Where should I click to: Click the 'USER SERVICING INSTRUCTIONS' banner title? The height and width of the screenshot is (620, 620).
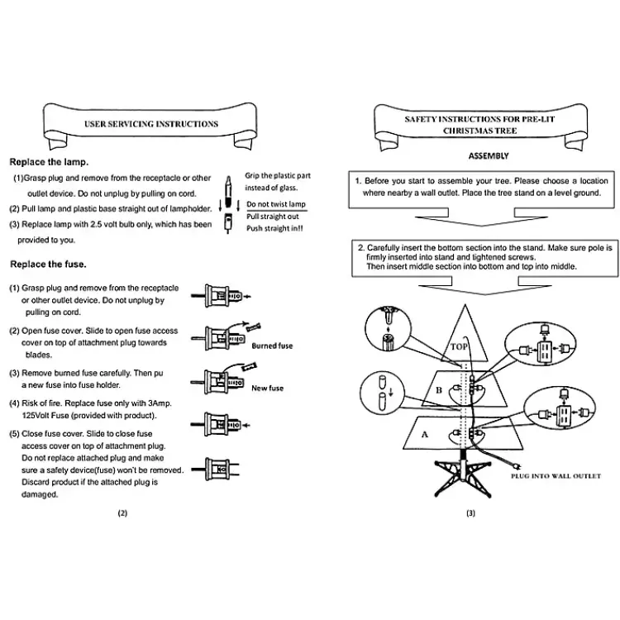[x=151, y=124]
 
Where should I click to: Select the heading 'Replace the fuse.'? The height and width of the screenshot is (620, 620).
[x=48, y=265]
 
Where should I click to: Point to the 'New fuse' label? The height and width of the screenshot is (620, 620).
[x=267, y=388]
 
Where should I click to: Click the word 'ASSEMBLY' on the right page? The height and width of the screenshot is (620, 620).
[x=489, y=155]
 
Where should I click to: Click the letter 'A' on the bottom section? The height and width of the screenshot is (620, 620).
[x=425, y=433]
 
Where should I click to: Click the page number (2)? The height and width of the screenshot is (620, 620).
[x=122, y=513]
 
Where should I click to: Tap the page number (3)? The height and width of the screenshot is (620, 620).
[x=470, y=513]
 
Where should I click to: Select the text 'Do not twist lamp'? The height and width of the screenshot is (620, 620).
[x=275, y=203]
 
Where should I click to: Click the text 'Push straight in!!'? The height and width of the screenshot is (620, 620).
[x=274, y=227]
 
